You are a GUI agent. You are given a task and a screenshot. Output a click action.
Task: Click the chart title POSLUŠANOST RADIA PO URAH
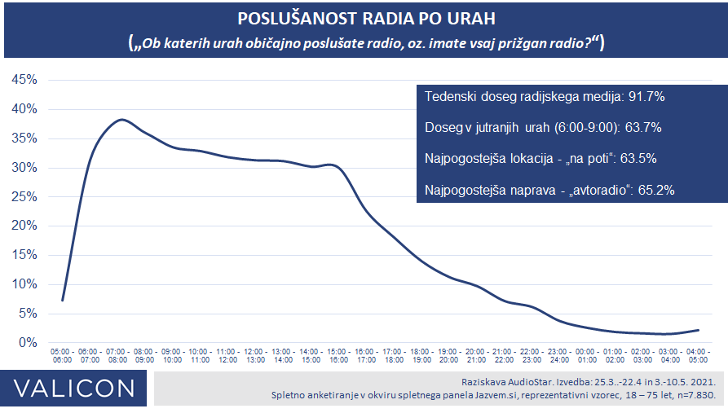[364, 19]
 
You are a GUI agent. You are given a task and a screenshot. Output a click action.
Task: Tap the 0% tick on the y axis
[27, 343]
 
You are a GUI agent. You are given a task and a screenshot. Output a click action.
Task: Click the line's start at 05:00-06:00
[62, 301]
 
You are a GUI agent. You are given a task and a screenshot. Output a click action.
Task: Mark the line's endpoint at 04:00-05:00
[699, 330]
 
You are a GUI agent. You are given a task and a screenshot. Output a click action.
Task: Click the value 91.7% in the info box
[646, 97]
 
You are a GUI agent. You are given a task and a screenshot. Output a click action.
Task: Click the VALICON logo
[73, 389]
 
